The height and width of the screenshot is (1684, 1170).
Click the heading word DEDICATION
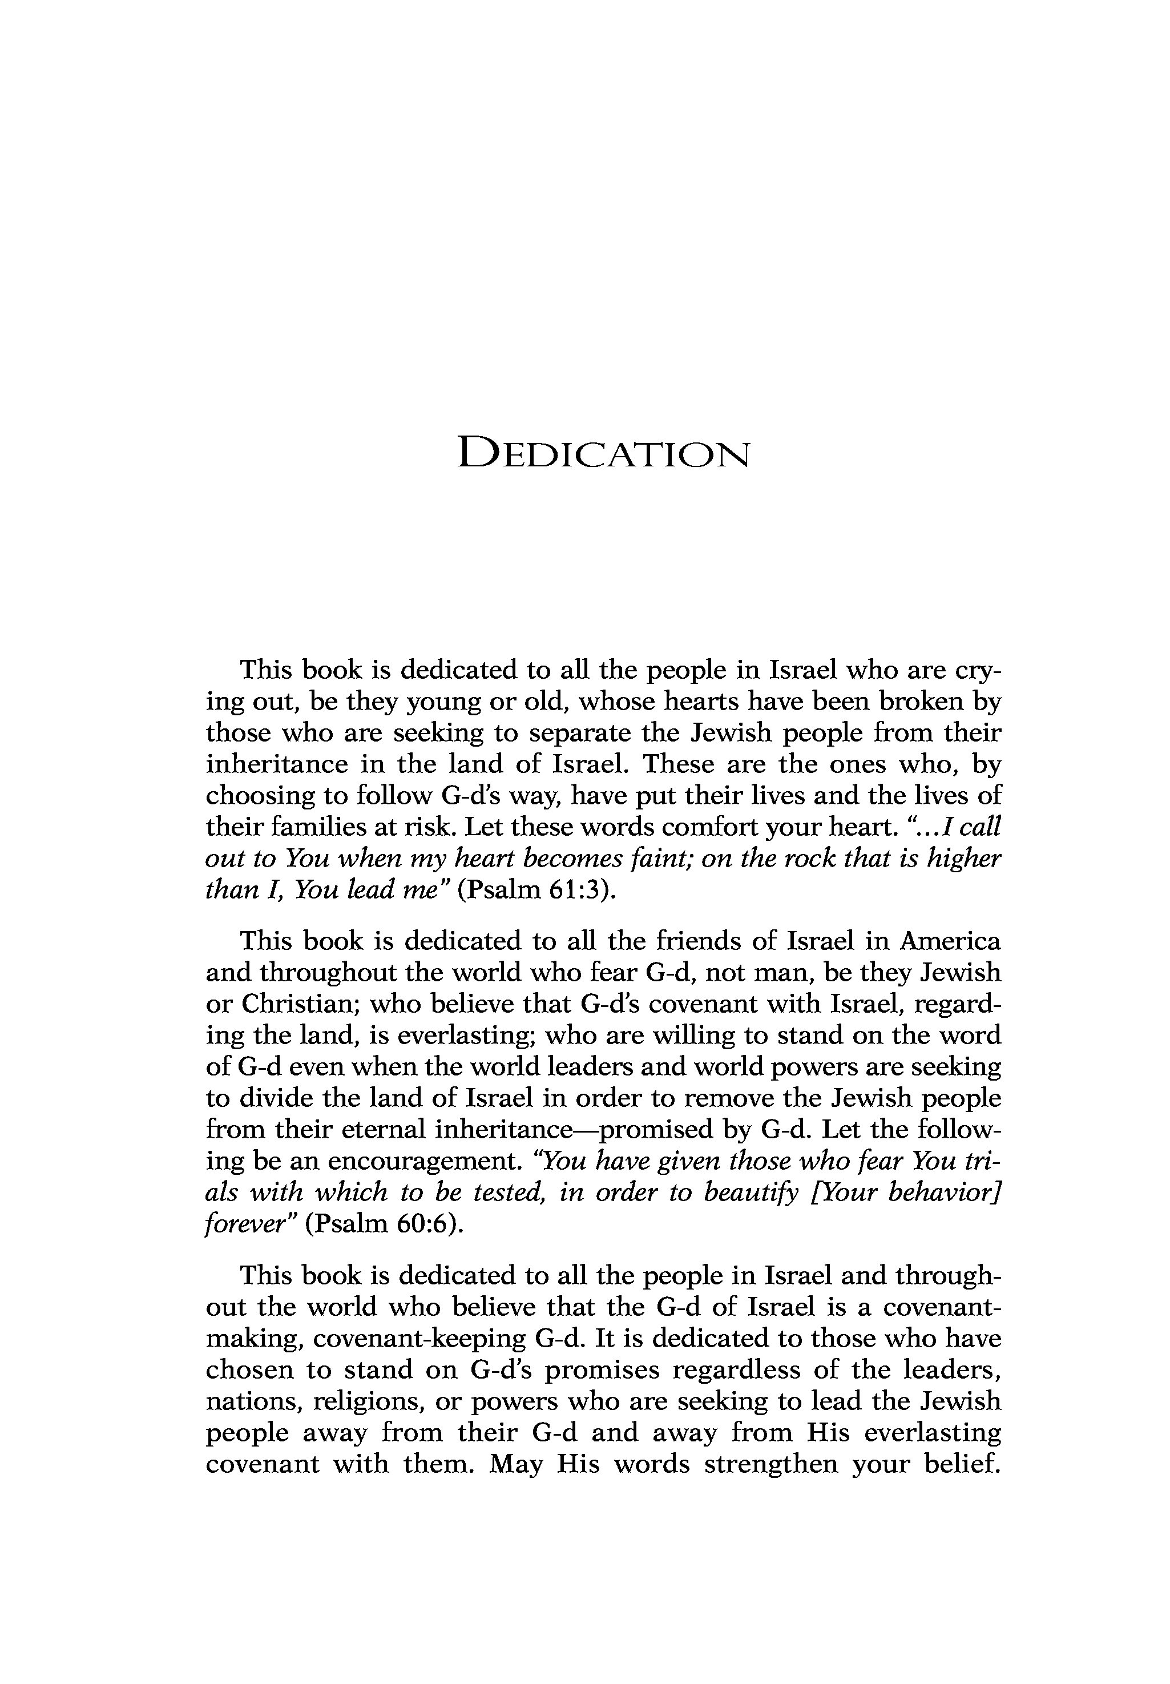[603, 453]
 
